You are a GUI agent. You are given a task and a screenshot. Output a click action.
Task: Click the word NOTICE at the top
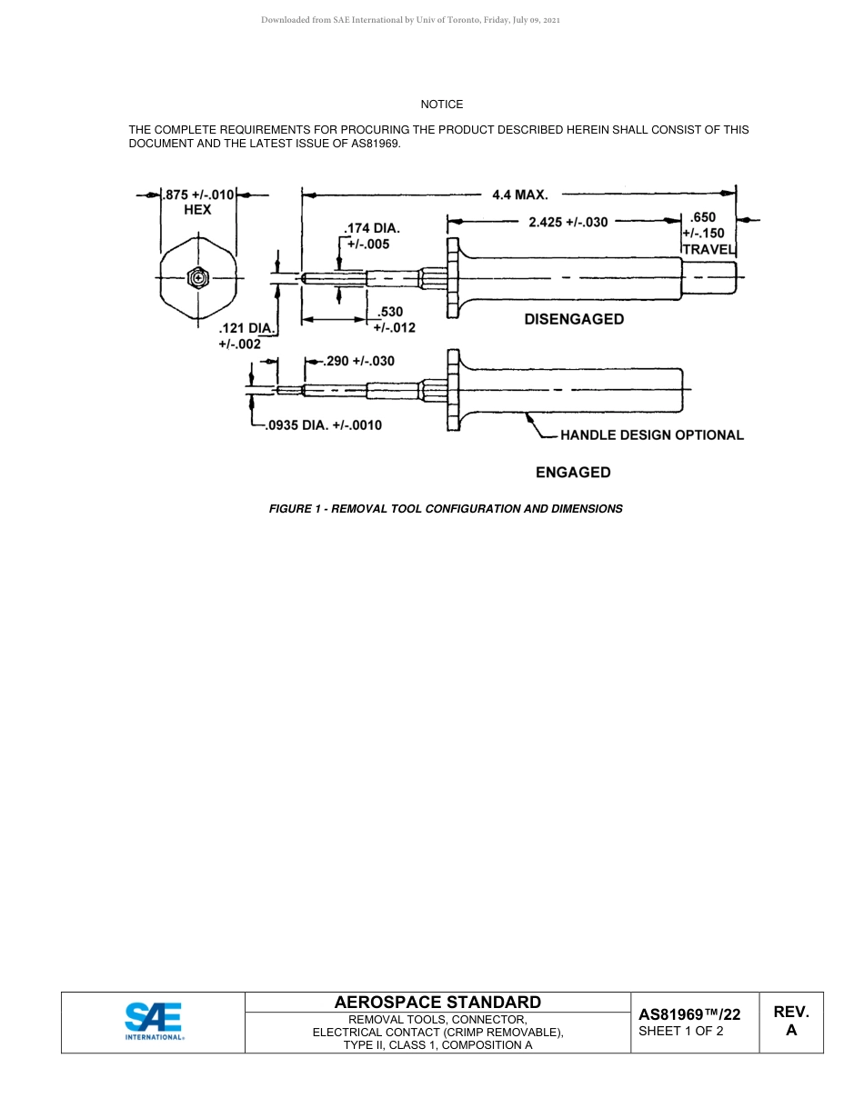pos(442,105)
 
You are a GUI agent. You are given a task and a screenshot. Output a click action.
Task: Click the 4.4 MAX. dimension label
pos(519,195)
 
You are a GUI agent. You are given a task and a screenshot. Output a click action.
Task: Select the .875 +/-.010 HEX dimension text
pos(198,202)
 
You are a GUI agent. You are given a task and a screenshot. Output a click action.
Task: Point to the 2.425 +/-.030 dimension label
pos(568,222)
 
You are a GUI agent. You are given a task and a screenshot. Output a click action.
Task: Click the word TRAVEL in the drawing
pos(708,249)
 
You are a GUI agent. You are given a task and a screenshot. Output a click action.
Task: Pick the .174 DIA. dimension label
pos(371,229)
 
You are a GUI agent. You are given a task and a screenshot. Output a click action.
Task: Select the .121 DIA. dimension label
pos(246,327)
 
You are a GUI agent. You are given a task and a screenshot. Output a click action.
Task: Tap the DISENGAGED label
pos(574,319)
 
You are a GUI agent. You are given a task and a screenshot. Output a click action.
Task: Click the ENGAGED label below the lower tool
pos(573,473)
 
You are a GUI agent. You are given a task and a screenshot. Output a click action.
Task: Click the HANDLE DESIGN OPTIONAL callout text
pos(651,435)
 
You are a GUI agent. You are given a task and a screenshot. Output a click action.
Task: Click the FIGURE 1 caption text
pos(446,509)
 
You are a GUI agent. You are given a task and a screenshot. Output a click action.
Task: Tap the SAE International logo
pos(154,1022)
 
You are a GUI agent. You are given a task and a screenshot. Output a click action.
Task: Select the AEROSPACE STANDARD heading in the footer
pos(437,1003)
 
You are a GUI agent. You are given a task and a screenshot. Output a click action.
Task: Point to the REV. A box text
pos(791,1021)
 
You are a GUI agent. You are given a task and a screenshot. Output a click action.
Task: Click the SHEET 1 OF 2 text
pos(681,1031)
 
